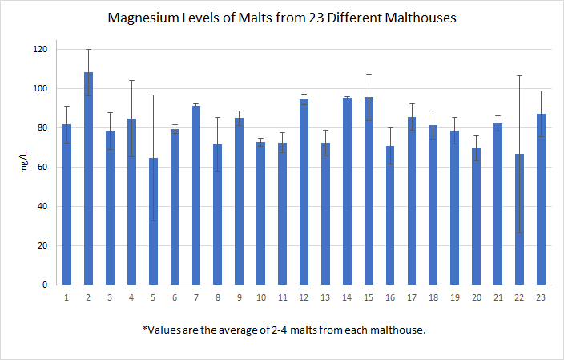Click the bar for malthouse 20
tap(477, 216)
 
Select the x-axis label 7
tap(196, 297)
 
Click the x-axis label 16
tap(390, 297)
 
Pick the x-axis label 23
tap(542, 297)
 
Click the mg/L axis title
tap(23, 167)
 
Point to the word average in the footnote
tap(255, 330)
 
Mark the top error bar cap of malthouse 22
tap(520, 76)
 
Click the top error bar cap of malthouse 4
tap(131, 80)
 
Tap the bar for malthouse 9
tap(240, 201)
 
